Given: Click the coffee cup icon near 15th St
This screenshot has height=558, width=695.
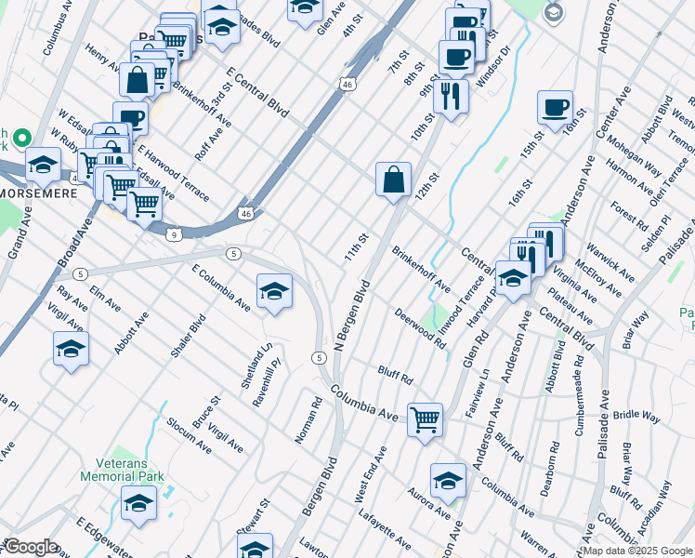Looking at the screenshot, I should click(x=555, y=107).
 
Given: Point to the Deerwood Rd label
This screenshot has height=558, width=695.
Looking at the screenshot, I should click(x=420, y=329).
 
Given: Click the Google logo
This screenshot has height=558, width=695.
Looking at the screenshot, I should click(x=32, y=547).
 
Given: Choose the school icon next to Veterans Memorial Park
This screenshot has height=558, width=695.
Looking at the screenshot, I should click(x=138, y=505).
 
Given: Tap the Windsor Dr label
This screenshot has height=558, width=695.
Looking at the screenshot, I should click(x=492, y=66).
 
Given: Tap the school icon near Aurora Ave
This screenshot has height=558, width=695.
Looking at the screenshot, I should click(x=448, y=481).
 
